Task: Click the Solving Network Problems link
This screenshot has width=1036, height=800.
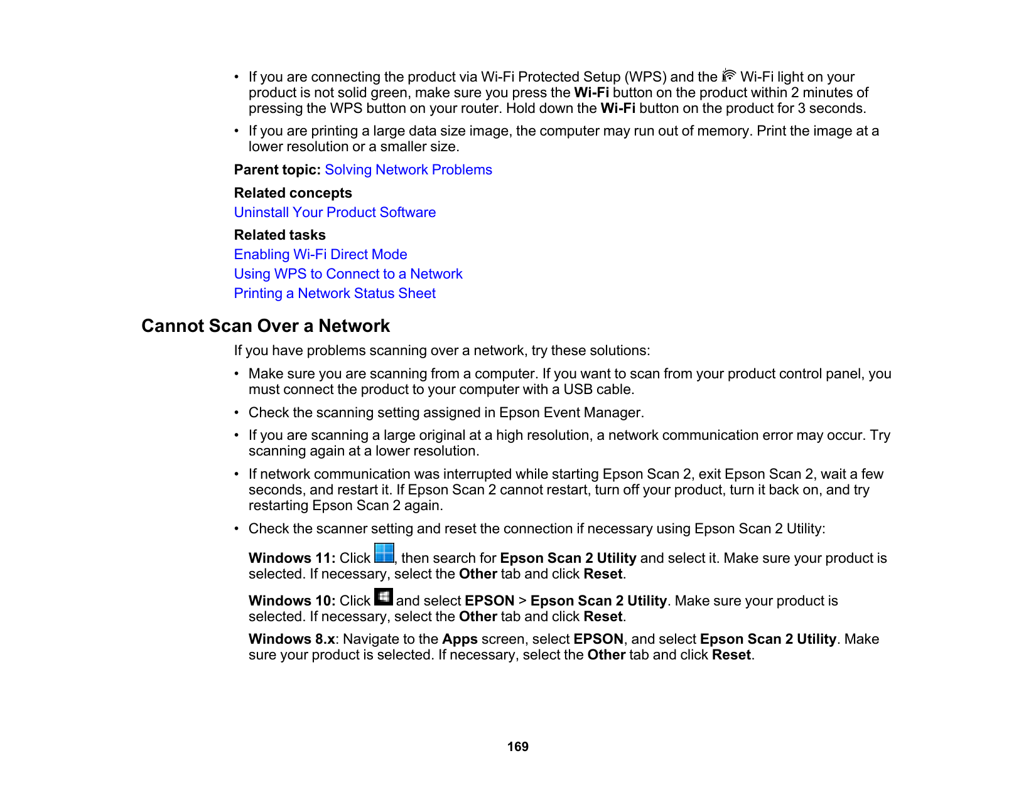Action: point(408,170)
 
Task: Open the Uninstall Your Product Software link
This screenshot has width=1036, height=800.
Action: point(335,213)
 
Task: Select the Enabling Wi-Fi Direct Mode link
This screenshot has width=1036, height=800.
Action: point(320,255)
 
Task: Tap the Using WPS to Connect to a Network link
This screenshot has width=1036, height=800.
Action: point(348,274)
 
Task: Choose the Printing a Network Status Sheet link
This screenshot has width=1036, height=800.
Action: point(335,294)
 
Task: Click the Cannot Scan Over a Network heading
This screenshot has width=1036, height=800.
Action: point(266,326)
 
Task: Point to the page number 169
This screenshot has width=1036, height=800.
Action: point(518,747)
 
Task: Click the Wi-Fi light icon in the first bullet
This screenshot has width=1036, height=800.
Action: point(729,75)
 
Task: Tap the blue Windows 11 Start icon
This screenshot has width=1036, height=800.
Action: point(384,553)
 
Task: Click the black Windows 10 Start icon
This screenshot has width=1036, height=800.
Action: point(384,597)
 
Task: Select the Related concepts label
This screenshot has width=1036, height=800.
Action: point(293,193)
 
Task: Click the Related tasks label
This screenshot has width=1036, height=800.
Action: point(279,235)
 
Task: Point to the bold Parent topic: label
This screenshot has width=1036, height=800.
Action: point(277,170)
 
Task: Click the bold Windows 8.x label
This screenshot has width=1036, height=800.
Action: point(291,639)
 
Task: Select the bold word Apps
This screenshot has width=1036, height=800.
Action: point(460,639)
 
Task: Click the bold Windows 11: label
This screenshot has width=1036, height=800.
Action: point(292,558)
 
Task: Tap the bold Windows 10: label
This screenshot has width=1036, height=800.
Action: point(292,601)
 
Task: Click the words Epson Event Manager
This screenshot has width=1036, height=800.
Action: point(570,413)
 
